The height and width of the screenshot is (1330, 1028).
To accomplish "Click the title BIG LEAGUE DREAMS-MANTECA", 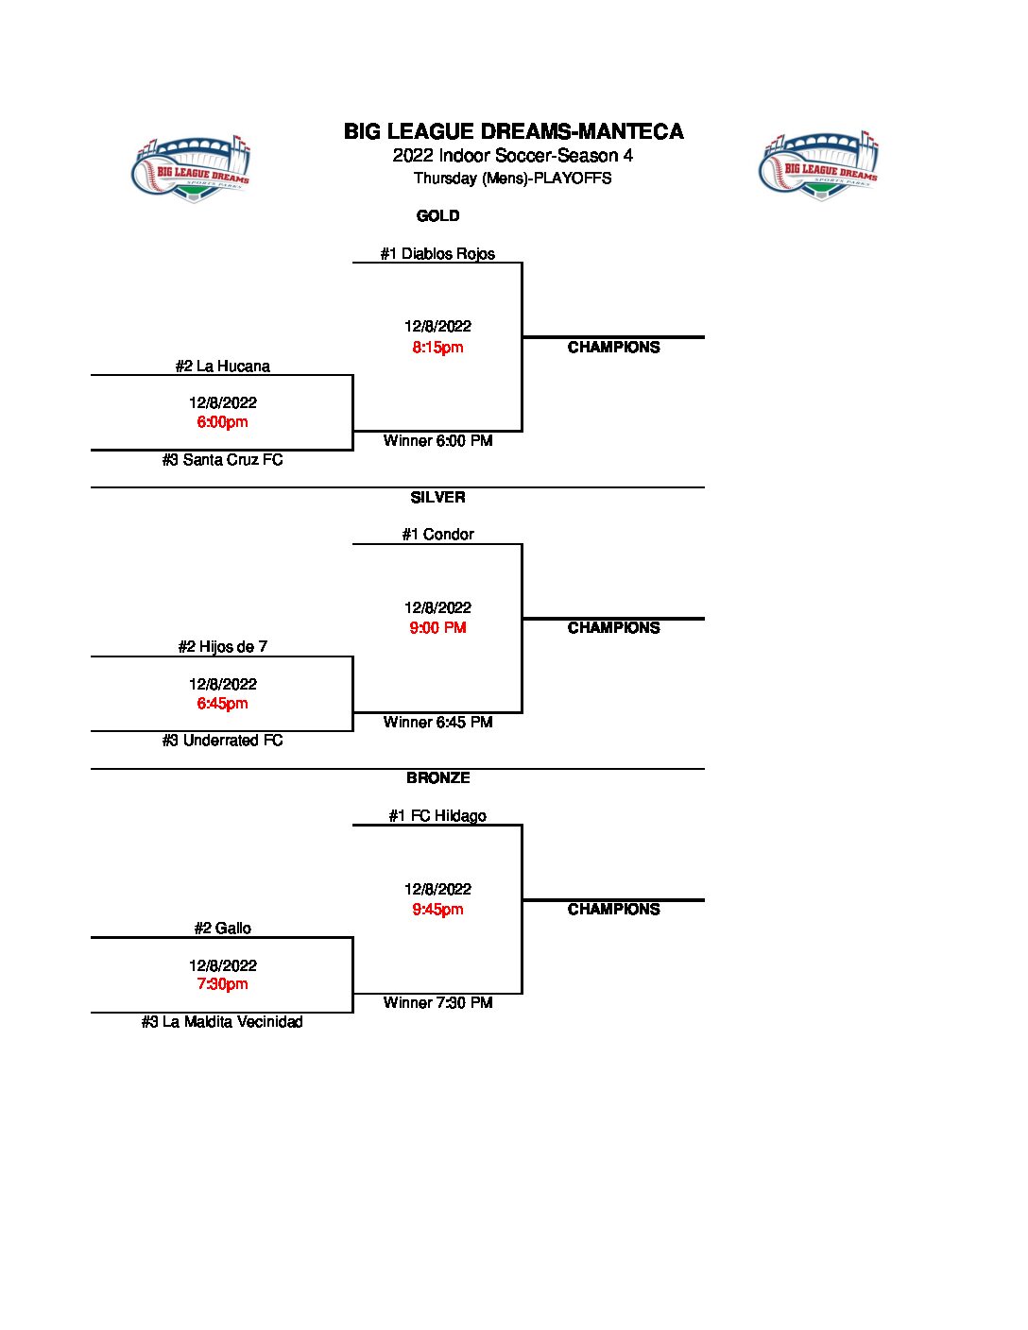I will pos(513,131).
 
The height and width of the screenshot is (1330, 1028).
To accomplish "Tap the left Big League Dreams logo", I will pos(191,168).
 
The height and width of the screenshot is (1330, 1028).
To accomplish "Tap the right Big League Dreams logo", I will pos(819,166).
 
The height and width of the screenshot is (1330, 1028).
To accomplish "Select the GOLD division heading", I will pos(437,216).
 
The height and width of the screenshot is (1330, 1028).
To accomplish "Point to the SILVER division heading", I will pos(437,497).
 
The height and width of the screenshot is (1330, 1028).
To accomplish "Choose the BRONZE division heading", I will pos(437,778).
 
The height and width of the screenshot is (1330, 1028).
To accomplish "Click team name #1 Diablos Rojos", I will pos(437,253).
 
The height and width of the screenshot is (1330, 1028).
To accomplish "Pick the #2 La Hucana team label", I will pos(222,366).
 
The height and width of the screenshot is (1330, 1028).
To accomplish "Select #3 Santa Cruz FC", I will pos(222,460).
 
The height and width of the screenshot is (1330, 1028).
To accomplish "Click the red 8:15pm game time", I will pos(437,347).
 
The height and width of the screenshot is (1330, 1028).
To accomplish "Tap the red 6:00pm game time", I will pos(222,422).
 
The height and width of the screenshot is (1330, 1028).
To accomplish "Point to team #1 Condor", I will pos(437,535).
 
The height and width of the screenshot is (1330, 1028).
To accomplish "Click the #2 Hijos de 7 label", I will pos(222,647).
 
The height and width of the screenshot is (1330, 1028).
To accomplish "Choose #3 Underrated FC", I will pos(222,741).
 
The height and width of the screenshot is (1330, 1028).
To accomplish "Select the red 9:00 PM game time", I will pos(437,627).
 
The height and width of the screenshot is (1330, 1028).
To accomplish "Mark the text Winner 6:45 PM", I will pos(437,723).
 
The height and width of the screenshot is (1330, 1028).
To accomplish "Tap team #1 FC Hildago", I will pos(437,816).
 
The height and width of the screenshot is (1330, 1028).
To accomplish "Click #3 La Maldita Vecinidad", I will pos(222,1022).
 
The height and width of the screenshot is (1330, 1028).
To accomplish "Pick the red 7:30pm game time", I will pos(222,984).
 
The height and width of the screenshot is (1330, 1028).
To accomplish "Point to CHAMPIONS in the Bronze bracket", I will pos(613,910).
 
